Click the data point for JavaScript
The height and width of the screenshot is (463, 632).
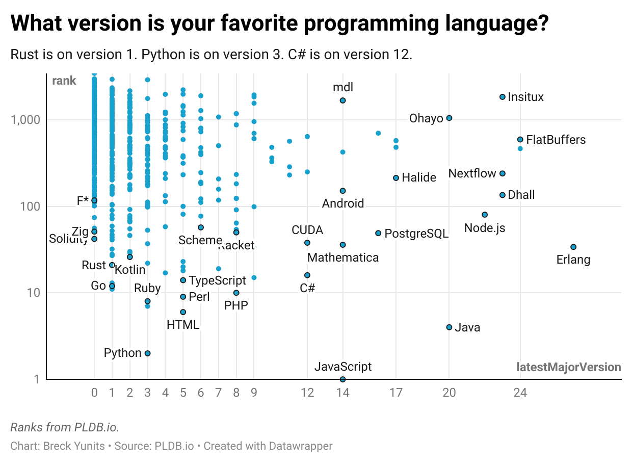point(343,379)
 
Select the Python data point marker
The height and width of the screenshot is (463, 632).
point(147,353)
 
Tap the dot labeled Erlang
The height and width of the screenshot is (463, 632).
point(573,247)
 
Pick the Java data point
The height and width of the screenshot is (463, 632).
point(449,327)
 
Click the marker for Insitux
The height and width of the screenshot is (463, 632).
point(502,97)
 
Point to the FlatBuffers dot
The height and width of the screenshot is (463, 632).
point(520,139)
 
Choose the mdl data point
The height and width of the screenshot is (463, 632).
point(343,100)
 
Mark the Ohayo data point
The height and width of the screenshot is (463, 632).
point(449,118)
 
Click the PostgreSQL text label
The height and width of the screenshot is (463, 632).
point(416,234)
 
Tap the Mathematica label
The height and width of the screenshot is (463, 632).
point(343,258)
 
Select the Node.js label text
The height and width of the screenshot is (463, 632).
point(485,228)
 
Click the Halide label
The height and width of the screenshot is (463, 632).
point(419,177)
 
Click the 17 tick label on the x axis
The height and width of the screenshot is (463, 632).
point(396,393)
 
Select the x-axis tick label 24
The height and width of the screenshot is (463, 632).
point(520,393)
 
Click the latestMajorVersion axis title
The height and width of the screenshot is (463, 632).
point(568,367)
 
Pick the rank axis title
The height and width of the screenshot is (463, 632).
point(64,81)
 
